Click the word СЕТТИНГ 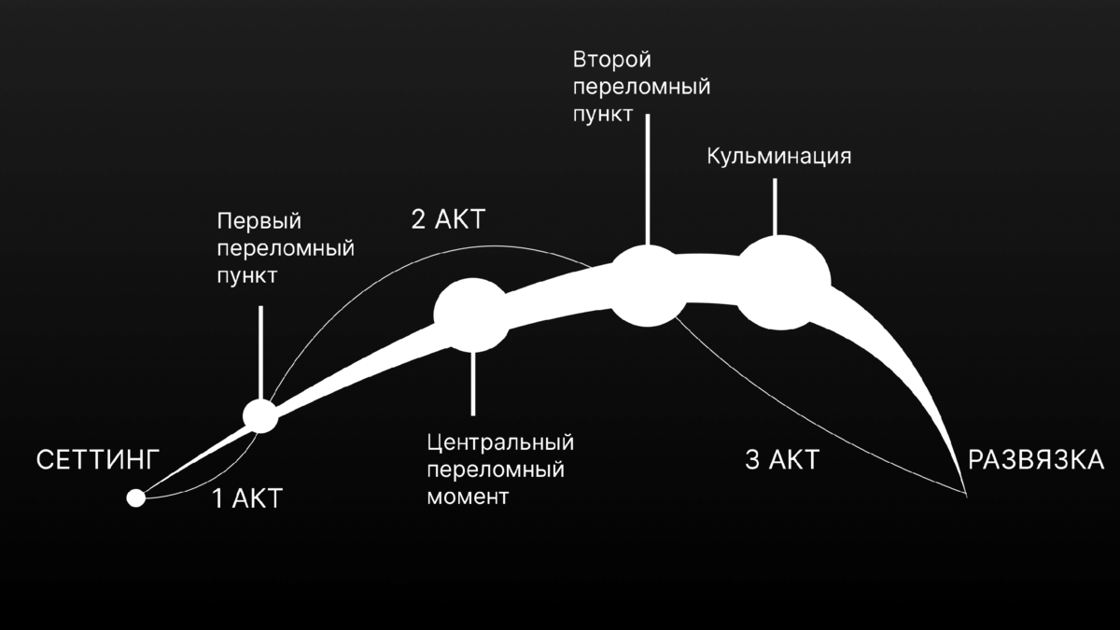click(99, 460)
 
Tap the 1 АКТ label click(246, 499)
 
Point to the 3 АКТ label click(781, 460)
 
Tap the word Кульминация click(778, 155)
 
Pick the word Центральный click(500, 441)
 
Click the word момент click(468, 496)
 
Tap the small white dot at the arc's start click(136, 498)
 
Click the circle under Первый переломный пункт click(260, 416)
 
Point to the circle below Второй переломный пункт click(648, 286)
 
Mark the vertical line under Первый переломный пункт click(260, 350)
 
